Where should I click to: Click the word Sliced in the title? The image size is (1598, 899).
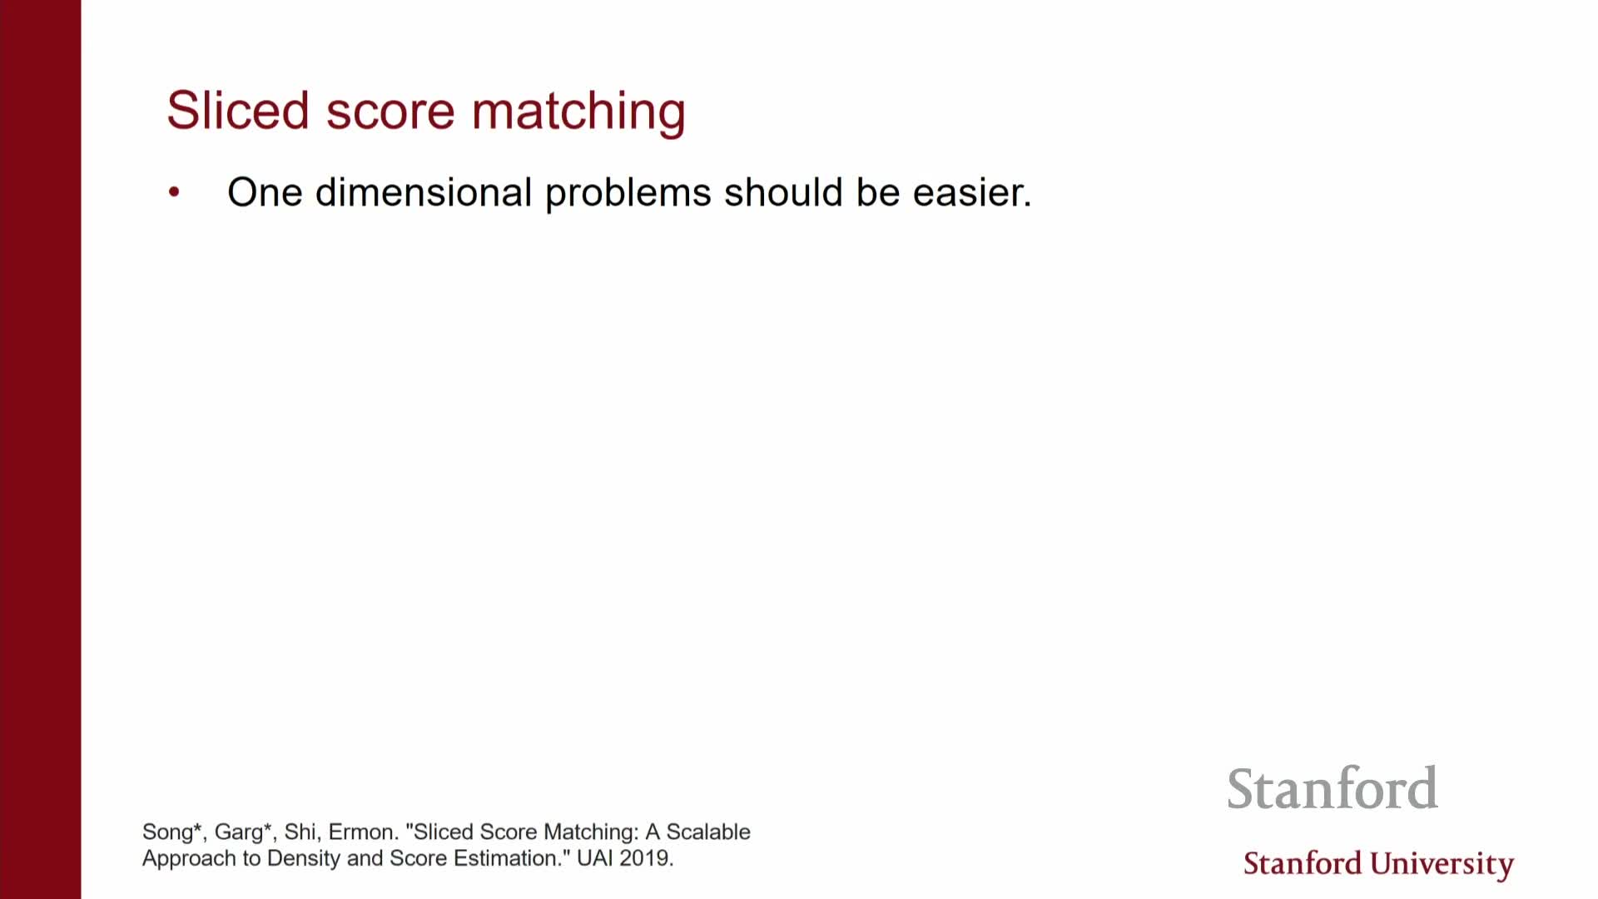coord(238,110)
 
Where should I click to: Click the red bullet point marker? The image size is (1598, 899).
coord(174,192)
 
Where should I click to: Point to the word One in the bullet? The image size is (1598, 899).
coord(265,192)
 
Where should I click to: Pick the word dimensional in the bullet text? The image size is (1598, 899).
coord(424,192)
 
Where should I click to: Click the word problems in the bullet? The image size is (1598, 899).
coord(628,194)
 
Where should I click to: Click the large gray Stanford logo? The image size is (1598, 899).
coord(1332,787)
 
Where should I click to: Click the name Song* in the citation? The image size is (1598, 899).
coord(172,832)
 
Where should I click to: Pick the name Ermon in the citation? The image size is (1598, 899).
coord(361,832)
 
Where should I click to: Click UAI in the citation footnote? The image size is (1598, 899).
coord(594,858)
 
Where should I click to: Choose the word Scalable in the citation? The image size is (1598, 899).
coord(708,832)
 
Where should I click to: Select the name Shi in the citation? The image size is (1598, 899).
coord(300,832)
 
